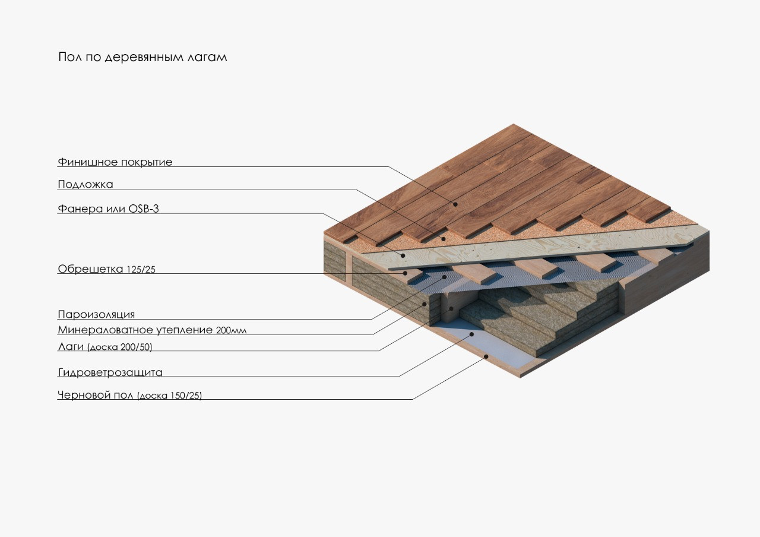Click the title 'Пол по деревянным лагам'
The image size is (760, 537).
(x=142, y=58)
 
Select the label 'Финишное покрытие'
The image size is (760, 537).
(x=115, y=162)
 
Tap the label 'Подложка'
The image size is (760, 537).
(x=85, y=184)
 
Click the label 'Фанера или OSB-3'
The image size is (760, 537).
(x=108, y=209)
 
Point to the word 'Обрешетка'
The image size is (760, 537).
(x=90, y=269)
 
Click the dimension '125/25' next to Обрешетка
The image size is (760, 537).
(x=141, y=270)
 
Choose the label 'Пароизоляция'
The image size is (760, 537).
(x=96, y=315)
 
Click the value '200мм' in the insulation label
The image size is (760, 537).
(x=232, y=331)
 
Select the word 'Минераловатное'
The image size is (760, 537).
(x=104, y=330)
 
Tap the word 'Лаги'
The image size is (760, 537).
(x=71, y=346)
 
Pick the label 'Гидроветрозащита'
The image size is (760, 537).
(x=110, y=373)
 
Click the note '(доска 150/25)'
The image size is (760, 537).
(x=169, y=396)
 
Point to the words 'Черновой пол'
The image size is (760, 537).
(x=96, y=395)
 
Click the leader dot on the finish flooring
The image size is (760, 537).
(x=456, y=204)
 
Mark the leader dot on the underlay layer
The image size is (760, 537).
(x=443, y=239)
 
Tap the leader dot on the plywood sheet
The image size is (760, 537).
(x=404, y=256)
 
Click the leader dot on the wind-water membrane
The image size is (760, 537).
(x=473, y=334)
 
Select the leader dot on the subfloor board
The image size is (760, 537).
(x=487, y=356)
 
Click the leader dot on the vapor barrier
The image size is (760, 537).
(x=445, y=277)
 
